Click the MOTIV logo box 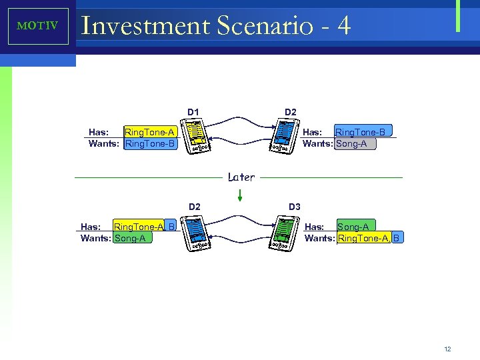point(38,27)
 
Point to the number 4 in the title point(343,26)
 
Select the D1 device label point(193,111)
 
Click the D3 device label point(295,207)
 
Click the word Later point(241,177)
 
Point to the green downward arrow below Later point(240,195)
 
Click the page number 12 point(447,349)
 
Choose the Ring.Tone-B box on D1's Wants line point(150,143)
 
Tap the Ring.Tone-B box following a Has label point(363,131)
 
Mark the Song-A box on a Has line point(353,227)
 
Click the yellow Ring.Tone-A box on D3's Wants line point(364,238)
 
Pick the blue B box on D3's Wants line point(397,238)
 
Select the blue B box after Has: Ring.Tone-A point(171,227)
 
